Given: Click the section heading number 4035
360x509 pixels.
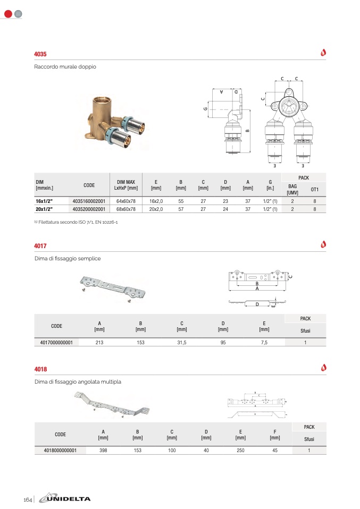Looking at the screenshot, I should (x=40, y=54).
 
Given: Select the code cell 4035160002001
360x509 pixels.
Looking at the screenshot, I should (x=89, y=202).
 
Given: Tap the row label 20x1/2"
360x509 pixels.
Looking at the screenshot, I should (x=46, y=209).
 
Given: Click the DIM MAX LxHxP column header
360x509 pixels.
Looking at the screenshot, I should (x=126, y=185).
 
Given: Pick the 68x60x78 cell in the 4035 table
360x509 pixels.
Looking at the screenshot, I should (x=126, y=209).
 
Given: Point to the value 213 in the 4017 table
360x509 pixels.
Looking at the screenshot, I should (x=99, y=343).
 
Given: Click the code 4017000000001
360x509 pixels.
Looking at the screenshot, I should (x=56, y=343).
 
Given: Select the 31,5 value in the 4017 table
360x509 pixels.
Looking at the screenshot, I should (x=182, y=343).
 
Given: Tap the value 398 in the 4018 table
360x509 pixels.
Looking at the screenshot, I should (x=103, y=451).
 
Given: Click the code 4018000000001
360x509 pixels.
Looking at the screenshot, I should (x=60, y=451).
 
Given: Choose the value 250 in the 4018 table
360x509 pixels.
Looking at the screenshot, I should (x=240, y=451).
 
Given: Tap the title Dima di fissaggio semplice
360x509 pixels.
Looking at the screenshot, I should (x=68, y=258).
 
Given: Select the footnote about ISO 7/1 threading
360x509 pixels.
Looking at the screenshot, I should (x=76, y=222).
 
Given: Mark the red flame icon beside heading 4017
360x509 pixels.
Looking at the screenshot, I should (x=323, y=244).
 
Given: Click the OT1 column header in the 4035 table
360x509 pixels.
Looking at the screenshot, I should (x=315, y=189).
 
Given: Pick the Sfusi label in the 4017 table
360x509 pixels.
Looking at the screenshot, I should (x=305, y=330).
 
